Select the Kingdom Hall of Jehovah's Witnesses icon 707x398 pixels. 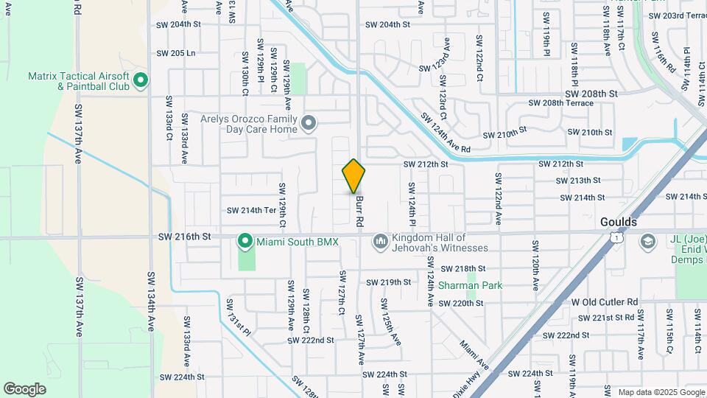[x=381, y=241]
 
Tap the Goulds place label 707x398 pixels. [x=618, y=221]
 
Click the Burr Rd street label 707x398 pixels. [x=359, y=211]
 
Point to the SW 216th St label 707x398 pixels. [x=185, y=237]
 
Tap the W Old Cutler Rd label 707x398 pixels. [x=605, y=302]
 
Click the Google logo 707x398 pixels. [x=25, y=388]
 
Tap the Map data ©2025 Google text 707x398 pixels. [x=660, y=392]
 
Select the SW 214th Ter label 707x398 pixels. [x=251, y=210]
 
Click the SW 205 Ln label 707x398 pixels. [x=176, y=53]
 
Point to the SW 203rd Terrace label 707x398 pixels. [x=674, y=15]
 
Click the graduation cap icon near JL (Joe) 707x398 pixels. [x=647, y=241]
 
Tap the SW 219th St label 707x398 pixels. [x=390, y=282]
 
